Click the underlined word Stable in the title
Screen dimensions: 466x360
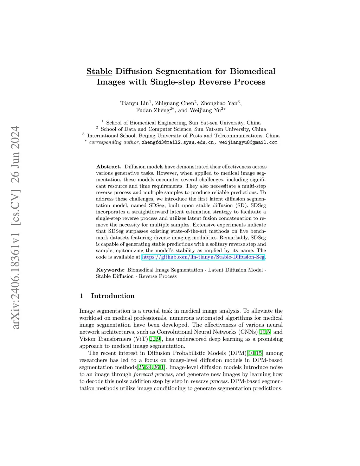99,71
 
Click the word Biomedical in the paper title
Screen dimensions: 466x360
252,71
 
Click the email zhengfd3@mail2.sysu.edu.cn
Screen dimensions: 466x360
178,142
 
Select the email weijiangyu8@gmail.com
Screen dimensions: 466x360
248,142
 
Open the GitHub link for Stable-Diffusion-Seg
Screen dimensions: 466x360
203,257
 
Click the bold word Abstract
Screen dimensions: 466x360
109,167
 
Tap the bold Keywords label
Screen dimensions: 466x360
110,270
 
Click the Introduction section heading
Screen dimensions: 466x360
112,296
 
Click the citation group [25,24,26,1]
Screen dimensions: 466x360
151,368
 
